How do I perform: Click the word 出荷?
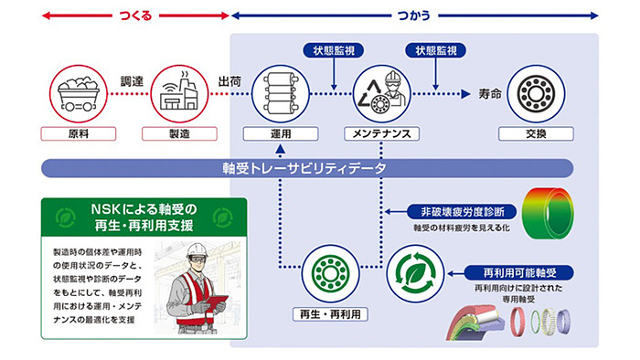pyautogui.click(x=229, y=79)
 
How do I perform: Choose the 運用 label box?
pyautogui.click(x=279, y=133)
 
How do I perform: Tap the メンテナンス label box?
pyautogui.click(x=381, y=133)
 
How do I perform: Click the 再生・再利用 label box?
pyautogui.click(x=327, y=314)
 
